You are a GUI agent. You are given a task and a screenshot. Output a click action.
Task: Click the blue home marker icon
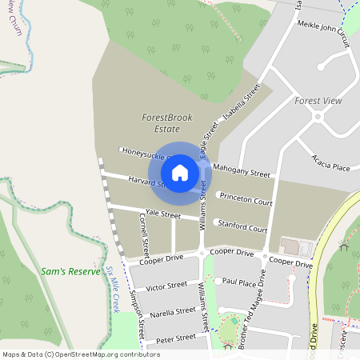pyautogui.click(x=180, y=173)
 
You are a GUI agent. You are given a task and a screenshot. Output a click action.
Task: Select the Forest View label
pyautogui.click(x=318, y=101)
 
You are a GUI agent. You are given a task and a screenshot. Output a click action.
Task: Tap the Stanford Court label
pyautogui.click(x=243, y=228)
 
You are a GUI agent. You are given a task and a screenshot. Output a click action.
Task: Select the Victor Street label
pyautogui.click(x=166, y=286)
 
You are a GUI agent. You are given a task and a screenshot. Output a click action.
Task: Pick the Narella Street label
pyautogui.click(x=173, y=310)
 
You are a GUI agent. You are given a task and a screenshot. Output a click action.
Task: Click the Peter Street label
pyautogui.click(x=176, y=338)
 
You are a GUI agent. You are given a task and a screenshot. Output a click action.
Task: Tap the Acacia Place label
pyautogui.click(x=330, y=167)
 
